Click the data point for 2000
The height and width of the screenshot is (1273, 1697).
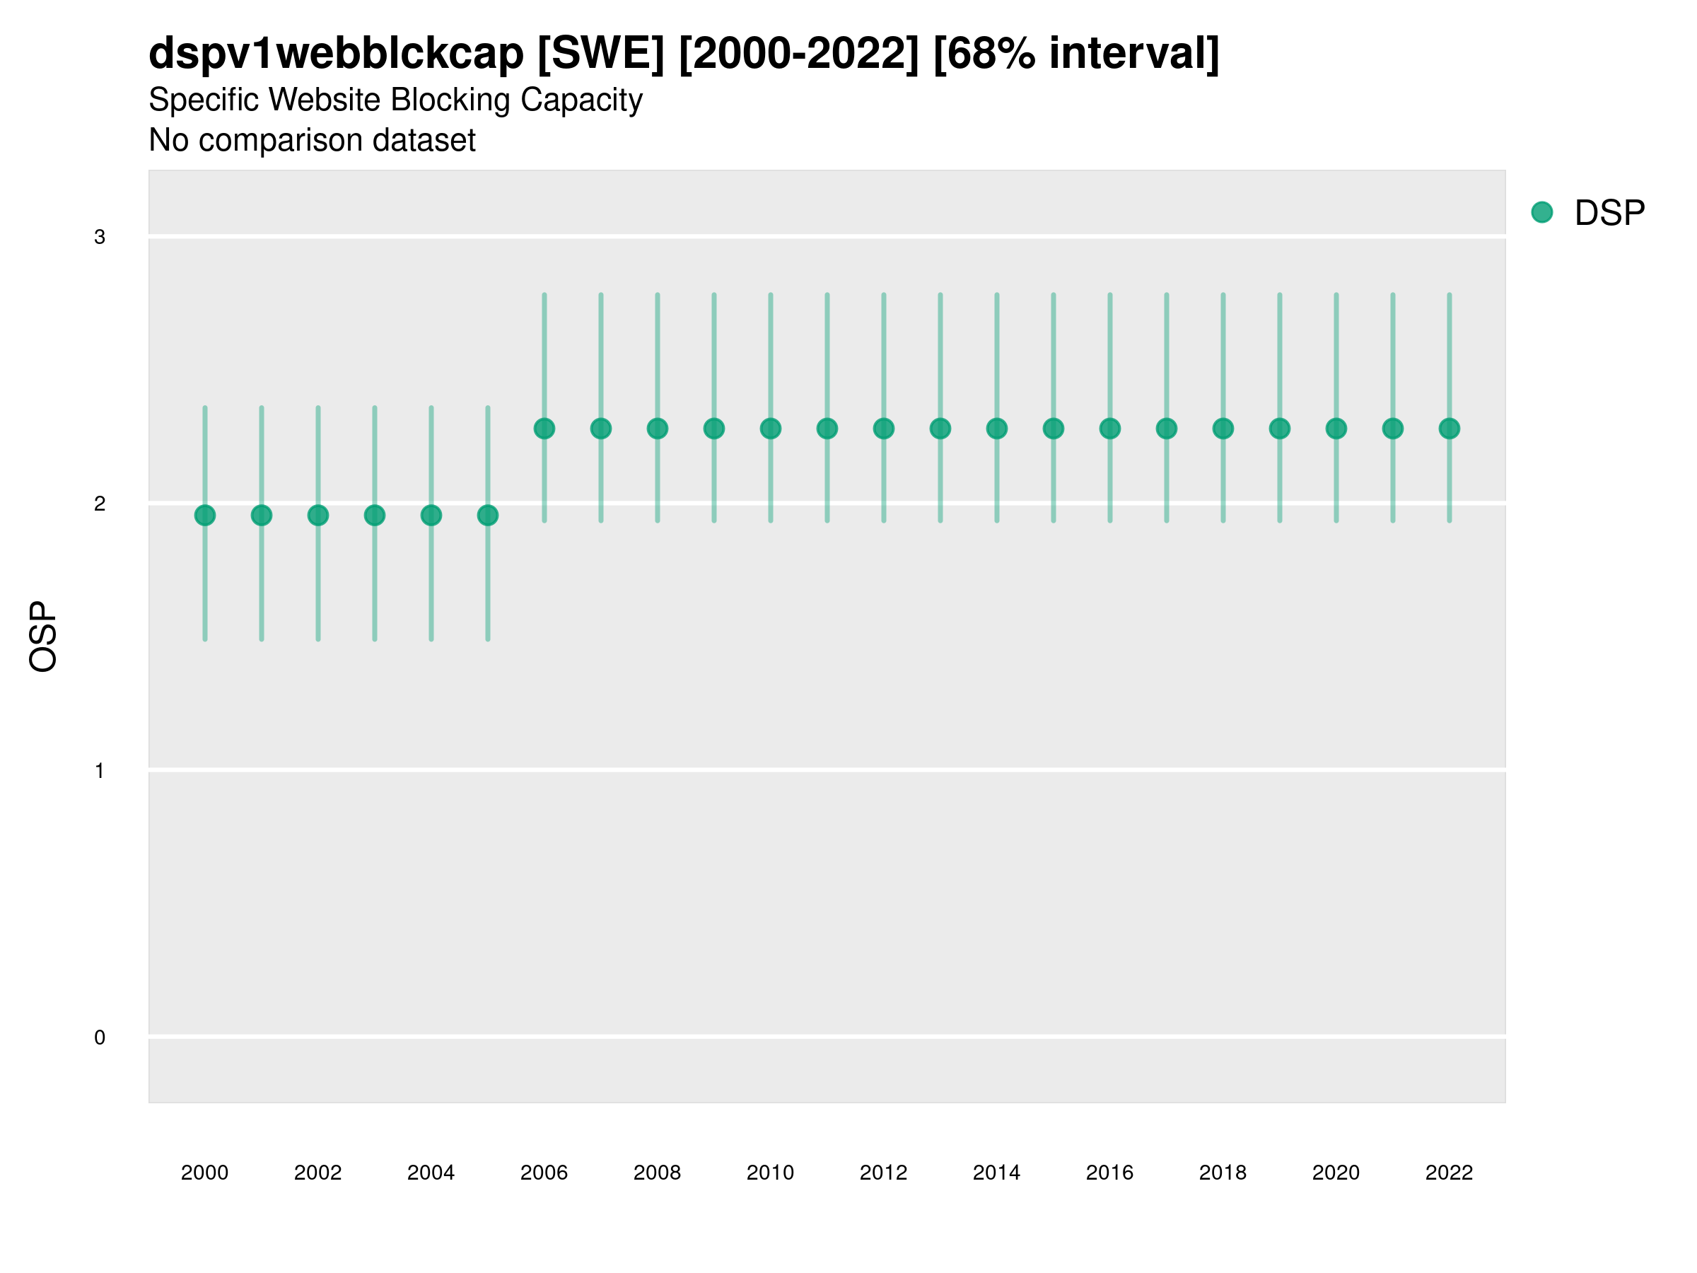pyautogui.click(x=205, y=515)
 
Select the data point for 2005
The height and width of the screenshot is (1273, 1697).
pyautogui.click(x=488, y=515)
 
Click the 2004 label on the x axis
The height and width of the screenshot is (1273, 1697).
pyautogui.click(x=431, y=1173)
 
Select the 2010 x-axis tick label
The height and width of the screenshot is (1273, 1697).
pyautogui.click(x=770, y=1173)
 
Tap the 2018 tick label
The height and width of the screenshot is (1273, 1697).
pyautogui.click(x=1223, y=1173)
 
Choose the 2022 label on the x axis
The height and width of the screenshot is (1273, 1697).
pyautogui.click(x=1450, y=1173)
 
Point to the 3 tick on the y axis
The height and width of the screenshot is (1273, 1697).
pyautogui.click(x=100, y=237)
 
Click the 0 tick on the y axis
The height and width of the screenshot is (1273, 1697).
pyautogui.click(x=100, y=1037)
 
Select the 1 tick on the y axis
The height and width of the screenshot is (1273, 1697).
pyautogui.click(x=100, y=770)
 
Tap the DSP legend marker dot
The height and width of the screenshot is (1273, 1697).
pyautogui.click(x=1542, y=213)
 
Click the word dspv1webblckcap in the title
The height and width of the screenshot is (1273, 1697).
pyautogui.click(x=336, y=54)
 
